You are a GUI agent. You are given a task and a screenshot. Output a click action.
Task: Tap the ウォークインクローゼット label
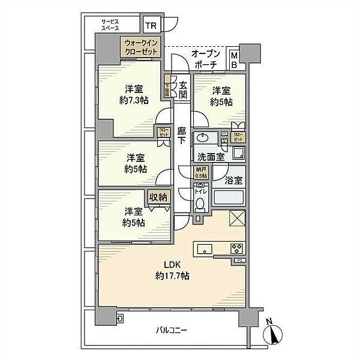tap(141, 47)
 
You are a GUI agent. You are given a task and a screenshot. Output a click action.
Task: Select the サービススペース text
tap(110, 25)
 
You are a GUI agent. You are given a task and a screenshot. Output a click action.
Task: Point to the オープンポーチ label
tap(206, 59)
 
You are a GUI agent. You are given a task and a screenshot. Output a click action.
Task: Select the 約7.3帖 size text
tap(133, 101)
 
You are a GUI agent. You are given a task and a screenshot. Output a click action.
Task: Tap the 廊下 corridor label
tap(182, 136)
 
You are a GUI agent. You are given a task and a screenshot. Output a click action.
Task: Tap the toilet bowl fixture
tap(200, 203)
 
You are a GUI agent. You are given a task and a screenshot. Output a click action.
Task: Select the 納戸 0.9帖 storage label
tap(200, 173)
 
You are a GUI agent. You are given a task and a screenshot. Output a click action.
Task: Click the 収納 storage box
tap(159, 197)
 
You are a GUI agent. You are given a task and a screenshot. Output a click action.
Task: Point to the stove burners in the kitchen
tap(235, 248)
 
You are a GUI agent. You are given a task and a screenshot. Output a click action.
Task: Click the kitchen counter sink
tap(202, 248)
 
